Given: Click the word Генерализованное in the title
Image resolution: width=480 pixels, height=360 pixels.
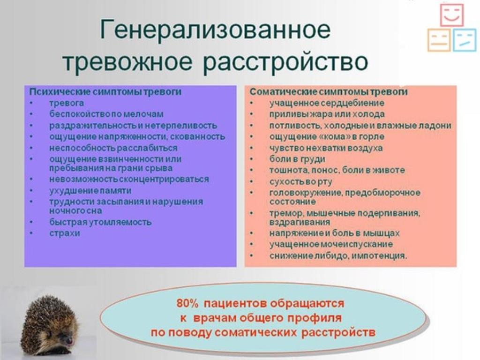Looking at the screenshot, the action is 215,30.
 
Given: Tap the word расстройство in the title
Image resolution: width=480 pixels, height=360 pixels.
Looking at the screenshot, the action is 285,62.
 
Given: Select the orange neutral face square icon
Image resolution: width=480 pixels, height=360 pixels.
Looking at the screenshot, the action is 439,40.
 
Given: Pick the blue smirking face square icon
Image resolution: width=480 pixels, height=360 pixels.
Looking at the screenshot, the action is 465,40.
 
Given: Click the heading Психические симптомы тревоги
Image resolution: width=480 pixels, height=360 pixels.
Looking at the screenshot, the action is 105,92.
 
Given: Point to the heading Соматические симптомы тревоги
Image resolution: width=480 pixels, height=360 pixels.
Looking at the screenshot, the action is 329,92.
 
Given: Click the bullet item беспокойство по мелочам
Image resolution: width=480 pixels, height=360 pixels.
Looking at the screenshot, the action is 106,114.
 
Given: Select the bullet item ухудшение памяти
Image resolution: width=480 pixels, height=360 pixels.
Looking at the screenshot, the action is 90,191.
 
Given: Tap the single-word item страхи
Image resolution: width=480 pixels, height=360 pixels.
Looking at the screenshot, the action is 65,233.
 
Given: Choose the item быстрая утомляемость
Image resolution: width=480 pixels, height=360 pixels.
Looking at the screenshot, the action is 100,222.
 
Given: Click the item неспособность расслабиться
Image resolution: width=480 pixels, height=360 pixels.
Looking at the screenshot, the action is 113,148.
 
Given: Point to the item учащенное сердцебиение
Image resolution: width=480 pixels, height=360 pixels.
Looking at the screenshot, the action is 327,103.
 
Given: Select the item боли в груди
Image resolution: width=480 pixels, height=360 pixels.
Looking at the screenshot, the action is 297,159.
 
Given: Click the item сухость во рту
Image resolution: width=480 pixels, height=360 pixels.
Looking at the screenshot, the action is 300,182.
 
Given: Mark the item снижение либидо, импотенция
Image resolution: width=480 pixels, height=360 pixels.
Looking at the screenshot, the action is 338,255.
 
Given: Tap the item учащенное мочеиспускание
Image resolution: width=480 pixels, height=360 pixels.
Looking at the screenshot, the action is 331,244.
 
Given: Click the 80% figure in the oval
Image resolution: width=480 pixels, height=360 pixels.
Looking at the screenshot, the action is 187,304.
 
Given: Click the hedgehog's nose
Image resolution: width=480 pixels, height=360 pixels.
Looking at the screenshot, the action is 70,340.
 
